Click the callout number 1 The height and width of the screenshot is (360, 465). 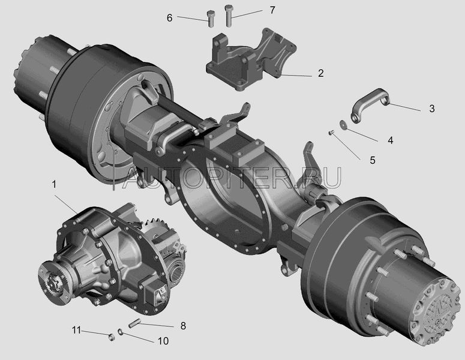[x=54, y=185]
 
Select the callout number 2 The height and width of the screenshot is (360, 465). [x=320, y=73]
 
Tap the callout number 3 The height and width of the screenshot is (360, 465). [x=432, y=109]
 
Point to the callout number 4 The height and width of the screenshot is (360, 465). [x=390, y=140]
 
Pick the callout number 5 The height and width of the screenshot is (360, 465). [x=373, y=160]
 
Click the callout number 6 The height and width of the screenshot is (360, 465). [x=169, y=18]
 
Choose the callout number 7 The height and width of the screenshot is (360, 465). [x=272, y=10]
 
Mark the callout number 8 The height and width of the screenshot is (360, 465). [x=183, y=326]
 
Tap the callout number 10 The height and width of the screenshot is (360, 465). [x=163, y=341]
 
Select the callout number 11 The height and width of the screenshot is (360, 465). [x=76, y=330]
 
